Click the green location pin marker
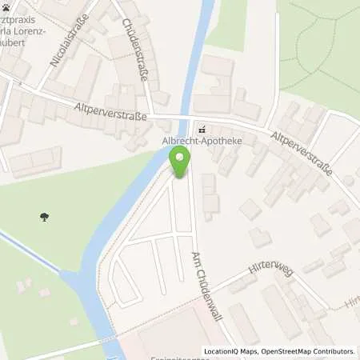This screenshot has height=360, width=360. (x=182, y=162)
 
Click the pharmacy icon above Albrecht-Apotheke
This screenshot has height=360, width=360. (x=202, y=129)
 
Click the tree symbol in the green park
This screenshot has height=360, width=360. (x=42, y=215)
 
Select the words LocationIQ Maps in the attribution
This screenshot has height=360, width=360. (x=230, y=351)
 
